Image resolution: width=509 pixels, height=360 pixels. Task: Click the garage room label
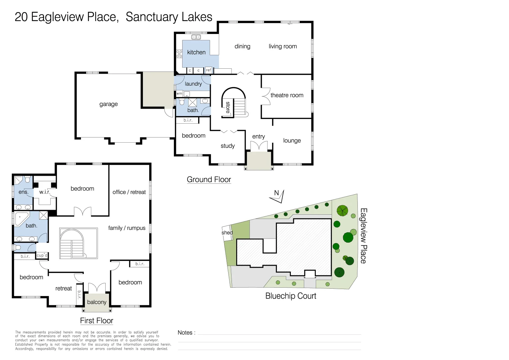point(109,104)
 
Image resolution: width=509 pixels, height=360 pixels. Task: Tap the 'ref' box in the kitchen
point(209,70)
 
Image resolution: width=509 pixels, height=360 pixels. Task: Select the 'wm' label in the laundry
point(179,93)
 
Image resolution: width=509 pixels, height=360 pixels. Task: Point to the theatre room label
point(287,95)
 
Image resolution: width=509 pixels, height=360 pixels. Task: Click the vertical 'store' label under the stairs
point(228,107)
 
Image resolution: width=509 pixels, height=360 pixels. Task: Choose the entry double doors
point(259,146)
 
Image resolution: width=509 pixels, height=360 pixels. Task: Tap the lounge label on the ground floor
point(292,141)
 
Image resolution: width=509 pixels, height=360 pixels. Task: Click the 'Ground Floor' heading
point(209,180)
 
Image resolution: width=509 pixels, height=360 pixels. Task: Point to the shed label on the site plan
point(227,233)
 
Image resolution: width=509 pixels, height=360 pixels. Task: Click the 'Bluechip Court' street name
point(290,296)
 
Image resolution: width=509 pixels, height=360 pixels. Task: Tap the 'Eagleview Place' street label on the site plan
point(363,236)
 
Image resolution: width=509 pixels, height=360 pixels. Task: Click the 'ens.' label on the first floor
point(23,192)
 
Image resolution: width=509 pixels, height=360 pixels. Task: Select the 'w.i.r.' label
point(45,192)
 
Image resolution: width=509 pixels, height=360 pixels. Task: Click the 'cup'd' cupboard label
point(42,255)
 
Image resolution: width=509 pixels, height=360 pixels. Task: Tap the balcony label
point(97,302)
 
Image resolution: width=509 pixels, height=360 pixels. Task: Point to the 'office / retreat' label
point(129,192)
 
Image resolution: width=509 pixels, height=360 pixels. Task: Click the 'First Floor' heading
point(97,321)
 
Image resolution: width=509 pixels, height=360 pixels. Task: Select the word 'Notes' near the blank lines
point(185,333)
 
